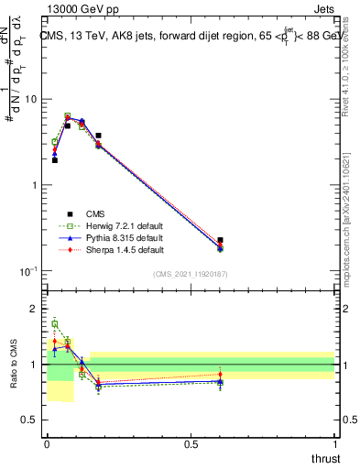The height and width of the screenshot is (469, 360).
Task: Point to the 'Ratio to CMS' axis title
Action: [13, 366]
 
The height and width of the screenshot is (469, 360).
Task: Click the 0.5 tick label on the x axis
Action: [191, 443]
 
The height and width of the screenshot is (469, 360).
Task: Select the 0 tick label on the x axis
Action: [48, 443]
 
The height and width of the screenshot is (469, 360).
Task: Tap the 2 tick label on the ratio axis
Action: [35, 309]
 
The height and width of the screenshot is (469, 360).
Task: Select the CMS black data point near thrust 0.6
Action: [220, 240]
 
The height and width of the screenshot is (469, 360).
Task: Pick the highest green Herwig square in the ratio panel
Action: [55, 323]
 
